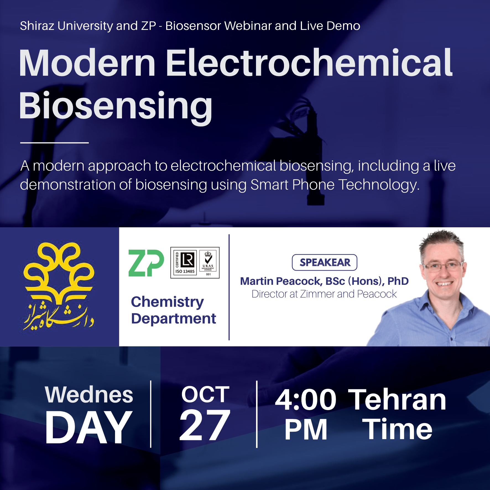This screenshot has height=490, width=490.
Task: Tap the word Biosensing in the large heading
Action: [116, 106]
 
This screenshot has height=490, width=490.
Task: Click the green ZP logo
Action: [146, 263]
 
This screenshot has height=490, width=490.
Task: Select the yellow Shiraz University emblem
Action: [59, 286]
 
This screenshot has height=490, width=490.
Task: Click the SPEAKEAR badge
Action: [325, 262]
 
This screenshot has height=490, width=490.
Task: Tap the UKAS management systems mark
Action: [208, 263]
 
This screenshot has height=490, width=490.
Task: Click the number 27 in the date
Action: [205, 426]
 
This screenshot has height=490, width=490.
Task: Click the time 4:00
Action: [306, 400]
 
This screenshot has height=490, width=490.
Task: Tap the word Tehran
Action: [397, 400]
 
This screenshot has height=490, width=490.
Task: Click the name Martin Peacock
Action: [281, 281]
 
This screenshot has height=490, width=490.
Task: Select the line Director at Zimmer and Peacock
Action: [324, 294]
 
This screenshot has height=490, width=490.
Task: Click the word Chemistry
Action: [167, 302]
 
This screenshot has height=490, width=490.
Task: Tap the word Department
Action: [173, 319]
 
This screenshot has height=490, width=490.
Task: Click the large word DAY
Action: [88, 428]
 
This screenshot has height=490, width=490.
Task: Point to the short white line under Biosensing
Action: [54, 143]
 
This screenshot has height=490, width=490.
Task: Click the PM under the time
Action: [306, 429]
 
